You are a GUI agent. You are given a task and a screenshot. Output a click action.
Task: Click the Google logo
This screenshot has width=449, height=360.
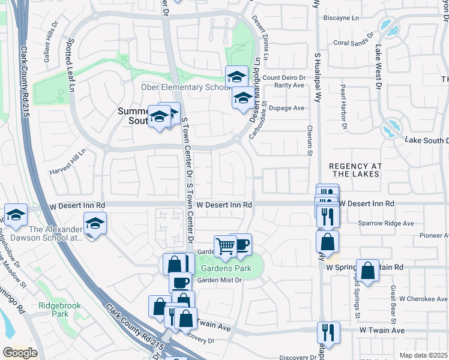coord(19,353)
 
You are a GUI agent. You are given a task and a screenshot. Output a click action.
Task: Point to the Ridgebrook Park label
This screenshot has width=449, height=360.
coord(52,309)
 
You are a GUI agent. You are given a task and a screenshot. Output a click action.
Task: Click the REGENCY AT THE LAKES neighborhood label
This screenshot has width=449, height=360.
coord(354,169)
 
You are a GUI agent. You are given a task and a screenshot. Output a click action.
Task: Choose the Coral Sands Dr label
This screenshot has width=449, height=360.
coord(349,43)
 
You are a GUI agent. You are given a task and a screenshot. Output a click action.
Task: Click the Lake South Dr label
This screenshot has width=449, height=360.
coord(426,140)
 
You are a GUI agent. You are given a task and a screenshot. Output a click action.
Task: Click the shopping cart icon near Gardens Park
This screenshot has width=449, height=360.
coord(225,245)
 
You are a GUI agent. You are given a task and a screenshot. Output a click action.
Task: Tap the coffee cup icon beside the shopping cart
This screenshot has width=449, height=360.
coord(241,244)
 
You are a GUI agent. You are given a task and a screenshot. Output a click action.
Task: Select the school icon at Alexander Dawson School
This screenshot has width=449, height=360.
coord(95,223)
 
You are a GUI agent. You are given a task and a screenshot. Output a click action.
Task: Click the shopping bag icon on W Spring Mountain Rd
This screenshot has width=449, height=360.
coord(368,271)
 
